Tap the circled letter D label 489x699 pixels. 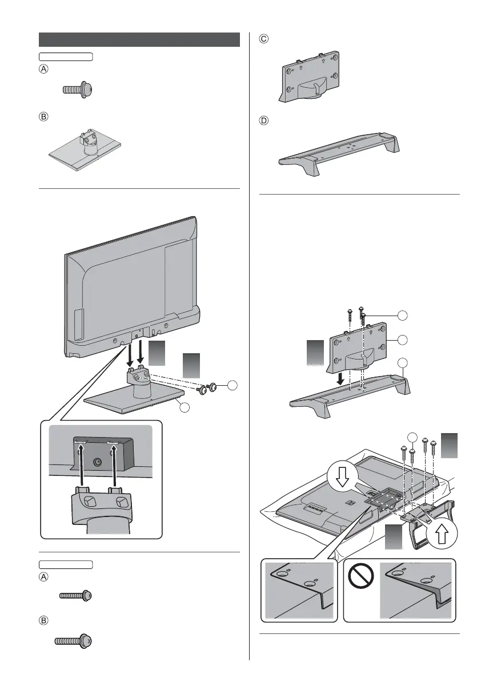click(263, 122)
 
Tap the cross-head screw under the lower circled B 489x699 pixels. click(73, 641)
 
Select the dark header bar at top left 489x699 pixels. click(139, 39)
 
